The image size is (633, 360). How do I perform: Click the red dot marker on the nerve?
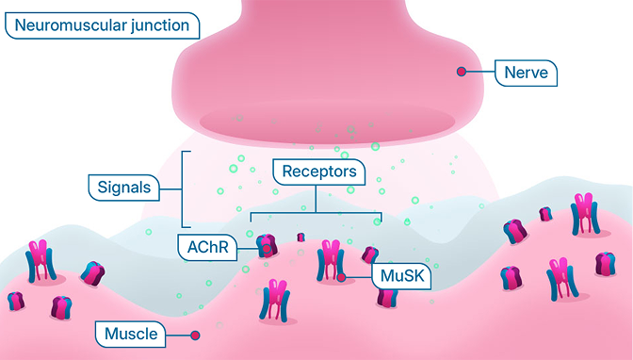[x=461, y=72]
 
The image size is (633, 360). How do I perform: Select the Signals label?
[x=124, y=187]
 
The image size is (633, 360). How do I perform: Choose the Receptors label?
[x=319, y=172]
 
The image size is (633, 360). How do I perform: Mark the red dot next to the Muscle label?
[x=195, y=334]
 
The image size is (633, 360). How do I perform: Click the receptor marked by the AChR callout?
[x=266, y=247]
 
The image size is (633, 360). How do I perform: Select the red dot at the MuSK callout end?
[x=341, y=277]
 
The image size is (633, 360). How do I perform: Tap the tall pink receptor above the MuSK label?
[x=331, y=259]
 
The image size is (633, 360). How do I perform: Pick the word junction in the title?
[x=159, y=25]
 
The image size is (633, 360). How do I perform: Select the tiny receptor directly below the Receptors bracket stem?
[x=301, y=237]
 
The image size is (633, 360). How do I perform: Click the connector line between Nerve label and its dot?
[x=479, y=72]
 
